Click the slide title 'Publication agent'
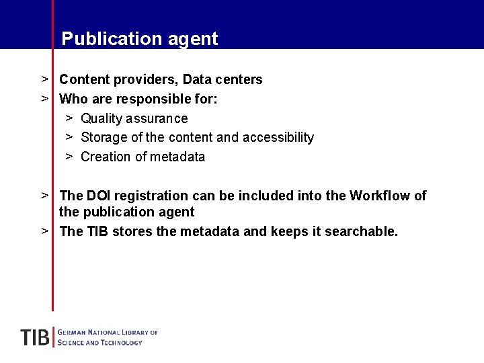point(140,39)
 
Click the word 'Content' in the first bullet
point(85,80)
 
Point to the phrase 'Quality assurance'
point(134,119)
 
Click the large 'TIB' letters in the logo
point(35,337)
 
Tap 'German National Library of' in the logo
point(108,332)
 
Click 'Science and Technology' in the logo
point(100,343)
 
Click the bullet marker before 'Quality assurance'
point(69,118)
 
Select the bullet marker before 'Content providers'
point(44,79)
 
